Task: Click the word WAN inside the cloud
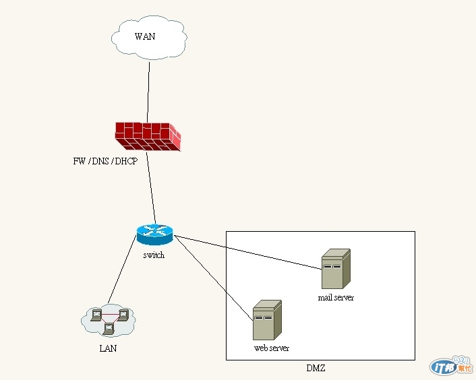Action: pyautogui.click(x=144, y=36)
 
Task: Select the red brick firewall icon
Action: pyautogui.click(x=148, y=136)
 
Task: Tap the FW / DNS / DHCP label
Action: pyautogui.click(x=105, y=162)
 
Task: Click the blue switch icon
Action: pyautogui.click(x=154, y=234)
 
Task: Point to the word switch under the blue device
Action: pyautogui.click(x=154, y=255)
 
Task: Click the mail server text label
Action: pyautogui.click(x=336, y=297)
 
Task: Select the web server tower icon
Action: pyautogui.click(x=267, y=321)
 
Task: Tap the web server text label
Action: pyautogui.click(x=272, y=348)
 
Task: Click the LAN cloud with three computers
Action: pyautogui.click(x=108, y=320)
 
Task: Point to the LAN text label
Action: pyautogui.click(x=108, y=348)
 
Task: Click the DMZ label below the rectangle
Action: pyautogui.click(x=317, y=369)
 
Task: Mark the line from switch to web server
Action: pyautogui.click(x=213, y=276)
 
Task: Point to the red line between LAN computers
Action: pyautogui.click(x=110, y=315)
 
